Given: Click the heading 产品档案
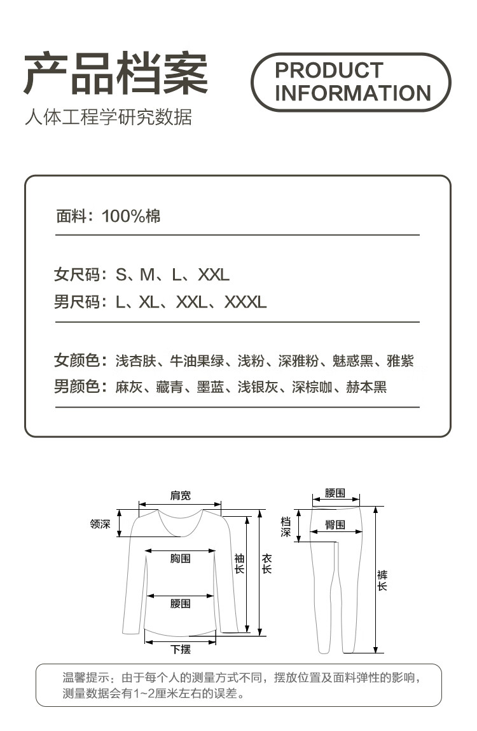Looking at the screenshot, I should coord(116,74).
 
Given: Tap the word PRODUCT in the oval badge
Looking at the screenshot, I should coord(329,70).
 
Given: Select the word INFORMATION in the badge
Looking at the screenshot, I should coord(353,93).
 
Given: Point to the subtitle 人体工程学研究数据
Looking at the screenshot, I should coord(108,118).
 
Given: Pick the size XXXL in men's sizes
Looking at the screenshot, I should coord(245,303).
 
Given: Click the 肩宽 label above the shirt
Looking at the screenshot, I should coord(180,496).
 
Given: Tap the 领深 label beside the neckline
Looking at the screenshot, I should coord(100,524).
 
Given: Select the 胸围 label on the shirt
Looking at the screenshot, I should coord(180,559).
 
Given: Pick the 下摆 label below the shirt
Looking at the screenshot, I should coord(180,649).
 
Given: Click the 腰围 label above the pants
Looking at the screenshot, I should coord(335,493).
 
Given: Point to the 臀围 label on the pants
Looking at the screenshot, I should coord(335,525).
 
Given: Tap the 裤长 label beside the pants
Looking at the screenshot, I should coord(382,580).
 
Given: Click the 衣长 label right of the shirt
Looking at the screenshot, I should coord(266,563).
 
